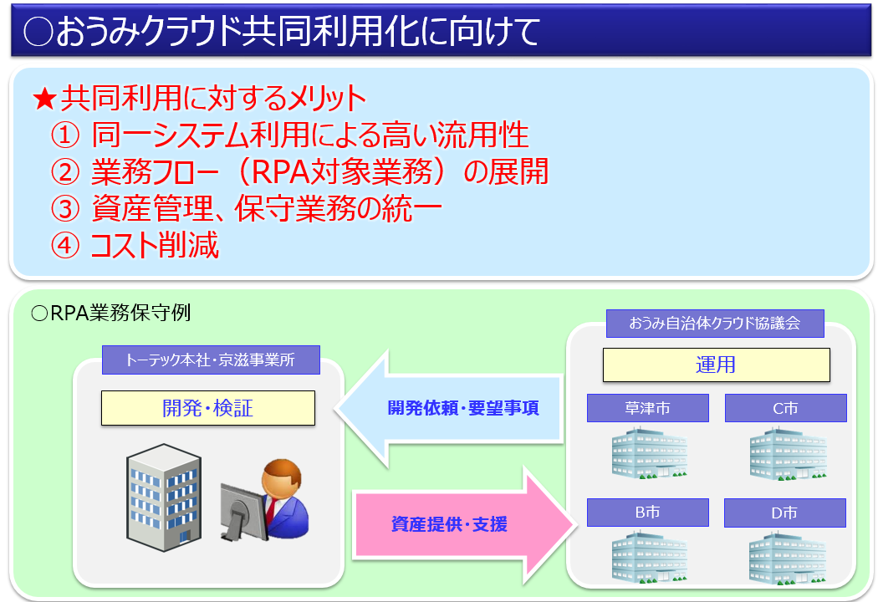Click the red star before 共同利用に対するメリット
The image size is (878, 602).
tap(44, 99)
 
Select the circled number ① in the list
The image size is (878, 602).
tap(65, 135)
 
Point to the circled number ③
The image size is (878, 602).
tap(65, 209)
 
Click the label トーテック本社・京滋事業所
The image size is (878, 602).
tap(210, 360)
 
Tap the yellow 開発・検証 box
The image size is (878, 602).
tap(207, 408)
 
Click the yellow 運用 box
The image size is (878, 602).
tap(716, 365)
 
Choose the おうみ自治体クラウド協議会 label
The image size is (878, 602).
tap(715, 323)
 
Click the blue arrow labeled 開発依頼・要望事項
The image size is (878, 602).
tap(452, 408)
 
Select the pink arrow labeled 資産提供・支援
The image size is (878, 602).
tap(464, 525)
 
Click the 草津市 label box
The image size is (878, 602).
tap(647, 408)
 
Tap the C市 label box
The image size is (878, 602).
tap(785, 408)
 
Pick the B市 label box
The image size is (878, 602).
tap(647, 513)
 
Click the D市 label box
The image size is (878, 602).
tap(784, 513)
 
